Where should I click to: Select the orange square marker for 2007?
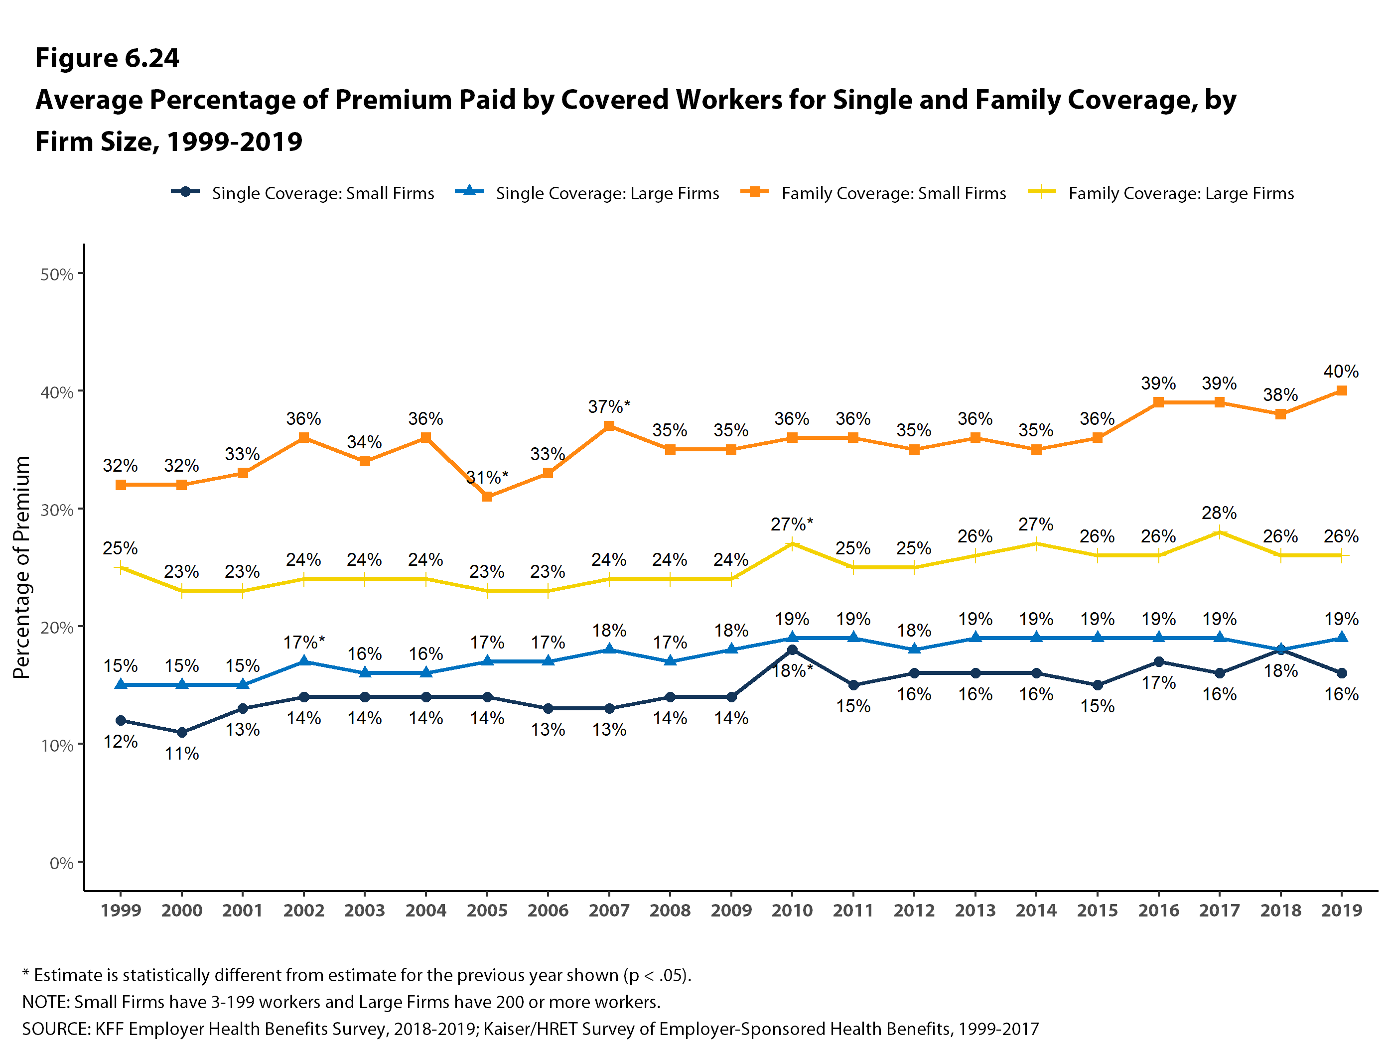click(609, 426)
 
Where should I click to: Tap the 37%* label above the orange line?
click(608, 406)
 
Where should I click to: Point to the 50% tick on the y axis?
click(57, 274)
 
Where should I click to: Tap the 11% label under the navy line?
click(182, 753)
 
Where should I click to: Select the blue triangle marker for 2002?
click(303, 661)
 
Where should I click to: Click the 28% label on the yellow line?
click(1219, 513)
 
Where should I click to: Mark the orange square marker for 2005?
click(487, 496)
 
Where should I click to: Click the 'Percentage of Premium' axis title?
click(21, 567)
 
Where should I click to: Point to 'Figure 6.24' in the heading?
click(107, 58)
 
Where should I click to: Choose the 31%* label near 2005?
click(487, 478)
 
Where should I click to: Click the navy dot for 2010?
click(792, 650)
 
